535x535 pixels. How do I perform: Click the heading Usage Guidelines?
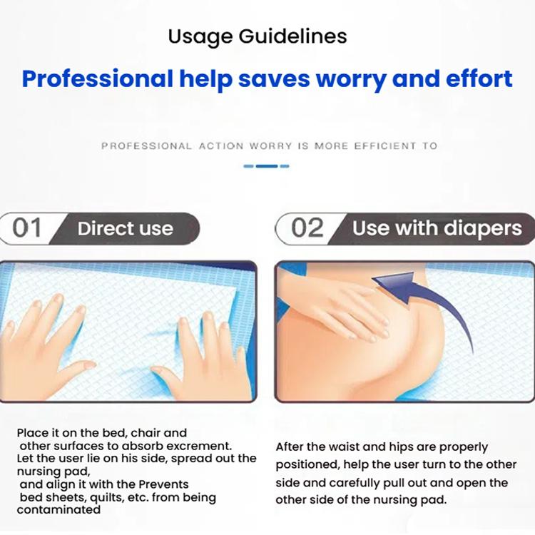click(258, 36)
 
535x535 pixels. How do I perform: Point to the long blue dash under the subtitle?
click(266, 166)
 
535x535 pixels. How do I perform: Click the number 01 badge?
click(27, 228)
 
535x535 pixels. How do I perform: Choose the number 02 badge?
click(307, 228)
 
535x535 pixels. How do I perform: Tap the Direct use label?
click(125, 229)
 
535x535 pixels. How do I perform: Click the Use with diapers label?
click(437, 229)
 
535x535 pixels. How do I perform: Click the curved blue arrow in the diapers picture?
click(421, 300)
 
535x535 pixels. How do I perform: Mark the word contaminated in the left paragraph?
click(58, 510)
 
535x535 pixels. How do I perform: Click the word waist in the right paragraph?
click(348, 447)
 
